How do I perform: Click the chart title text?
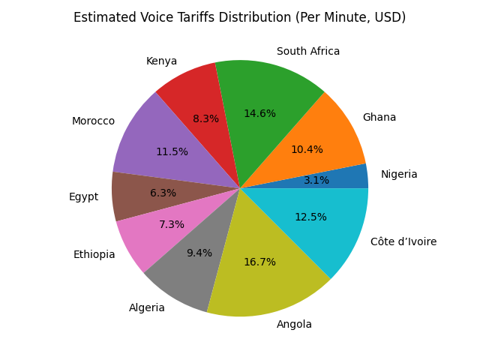coord(239,17)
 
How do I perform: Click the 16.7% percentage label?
coord(259,262)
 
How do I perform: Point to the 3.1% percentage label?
coord(316,181)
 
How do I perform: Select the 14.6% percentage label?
coord(259,114)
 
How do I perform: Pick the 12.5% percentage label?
coord(310,217)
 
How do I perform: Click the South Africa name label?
coord(308,52)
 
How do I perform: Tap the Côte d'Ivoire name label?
coord(403,241)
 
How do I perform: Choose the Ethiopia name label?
coord(94,255)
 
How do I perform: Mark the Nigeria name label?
coord(399,175)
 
